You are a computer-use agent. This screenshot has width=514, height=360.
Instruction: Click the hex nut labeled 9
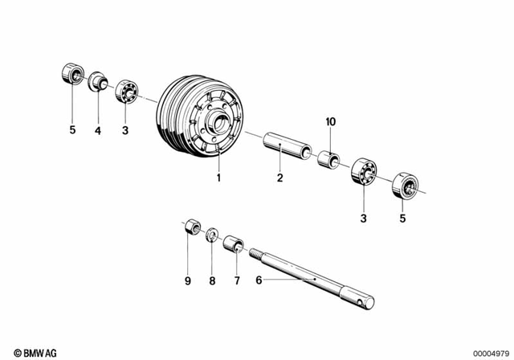coord(192,227)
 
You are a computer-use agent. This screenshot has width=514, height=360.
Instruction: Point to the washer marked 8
coord(212,235)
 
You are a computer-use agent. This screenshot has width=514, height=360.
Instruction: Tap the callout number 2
coord(279,178)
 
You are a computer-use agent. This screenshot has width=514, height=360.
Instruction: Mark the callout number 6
coord(259,280)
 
